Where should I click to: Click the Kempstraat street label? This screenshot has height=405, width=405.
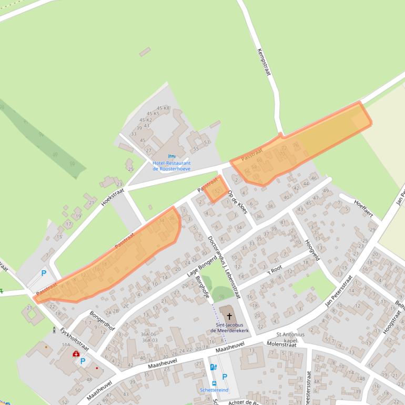point(264,63)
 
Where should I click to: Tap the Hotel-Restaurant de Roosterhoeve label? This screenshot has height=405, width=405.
point(171,166)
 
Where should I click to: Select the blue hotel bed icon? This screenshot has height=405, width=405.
point(171,156)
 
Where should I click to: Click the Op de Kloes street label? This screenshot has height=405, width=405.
point(237,201)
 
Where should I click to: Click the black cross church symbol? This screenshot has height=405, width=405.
point(229,317)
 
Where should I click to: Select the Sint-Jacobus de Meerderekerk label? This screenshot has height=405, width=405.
point(229,328)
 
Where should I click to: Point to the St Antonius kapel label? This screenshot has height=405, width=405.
point(290,338)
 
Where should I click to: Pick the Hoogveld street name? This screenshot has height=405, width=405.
point(312,250)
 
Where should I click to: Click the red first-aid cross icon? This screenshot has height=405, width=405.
point(76,353)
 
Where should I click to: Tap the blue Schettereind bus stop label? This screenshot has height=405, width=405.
point(214,390)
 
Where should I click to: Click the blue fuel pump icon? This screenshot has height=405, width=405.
point(212,367)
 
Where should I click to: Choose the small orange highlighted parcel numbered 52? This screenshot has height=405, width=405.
point(216,190)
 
